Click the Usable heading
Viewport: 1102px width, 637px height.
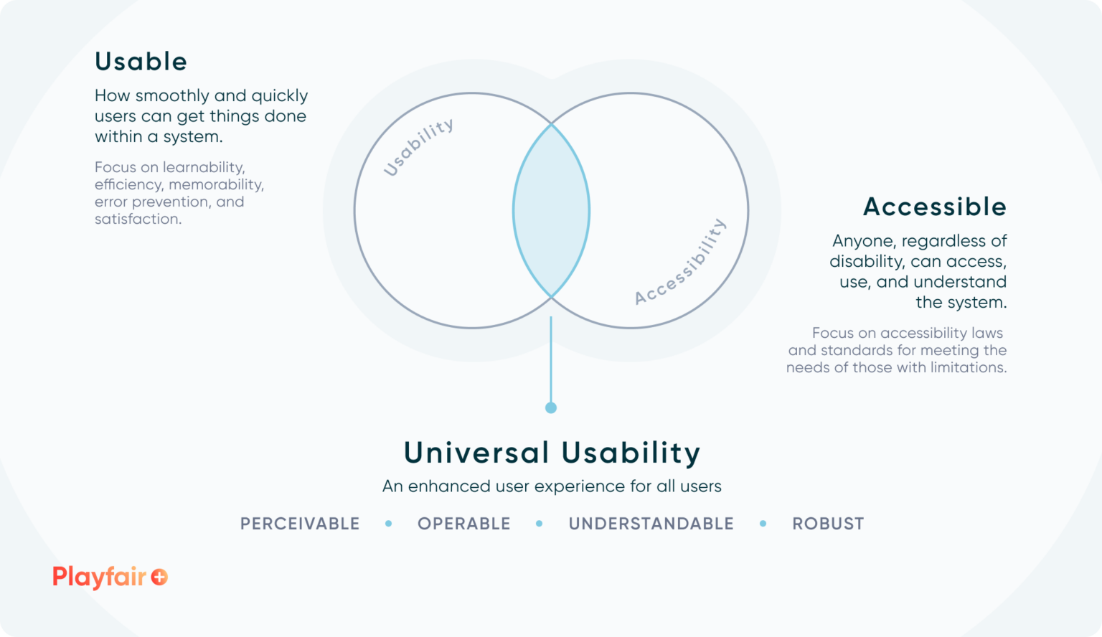pos(141,62)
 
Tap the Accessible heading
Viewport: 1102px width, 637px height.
pos(934,207)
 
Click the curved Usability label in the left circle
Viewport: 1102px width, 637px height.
pos(418,147)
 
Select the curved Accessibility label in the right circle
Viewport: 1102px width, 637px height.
pos(681,262)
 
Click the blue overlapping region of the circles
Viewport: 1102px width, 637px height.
pos(551,211)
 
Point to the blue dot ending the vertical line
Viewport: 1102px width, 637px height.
pos(551,407)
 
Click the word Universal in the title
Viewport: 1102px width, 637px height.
pos(476,453)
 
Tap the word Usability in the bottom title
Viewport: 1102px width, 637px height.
pos(631,453)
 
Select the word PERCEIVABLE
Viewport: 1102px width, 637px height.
pos(300,524)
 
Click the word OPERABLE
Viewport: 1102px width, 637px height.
pos(463,524)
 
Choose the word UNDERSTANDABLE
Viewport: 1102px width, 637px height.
pos(651,524)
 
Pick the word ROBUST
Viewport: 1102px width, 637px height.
pos(828,524)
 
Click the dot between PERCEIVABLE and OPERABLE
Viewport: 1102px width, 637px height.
pos(389,524)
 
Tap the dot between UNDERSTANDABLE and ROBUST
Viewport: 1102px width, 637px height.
pos(763,524)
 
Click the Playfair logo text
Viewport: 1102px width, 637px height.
pos(99,577)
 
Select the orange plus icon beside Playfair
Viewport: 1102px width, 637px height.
pos(159,577)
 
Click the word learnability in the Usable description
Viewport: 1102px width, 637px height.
pos(204,167)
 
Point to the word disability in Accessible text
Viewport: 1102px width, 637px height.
pos(867,262)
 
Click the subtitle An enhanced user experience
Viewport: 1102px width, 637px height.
pos(551,486)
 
